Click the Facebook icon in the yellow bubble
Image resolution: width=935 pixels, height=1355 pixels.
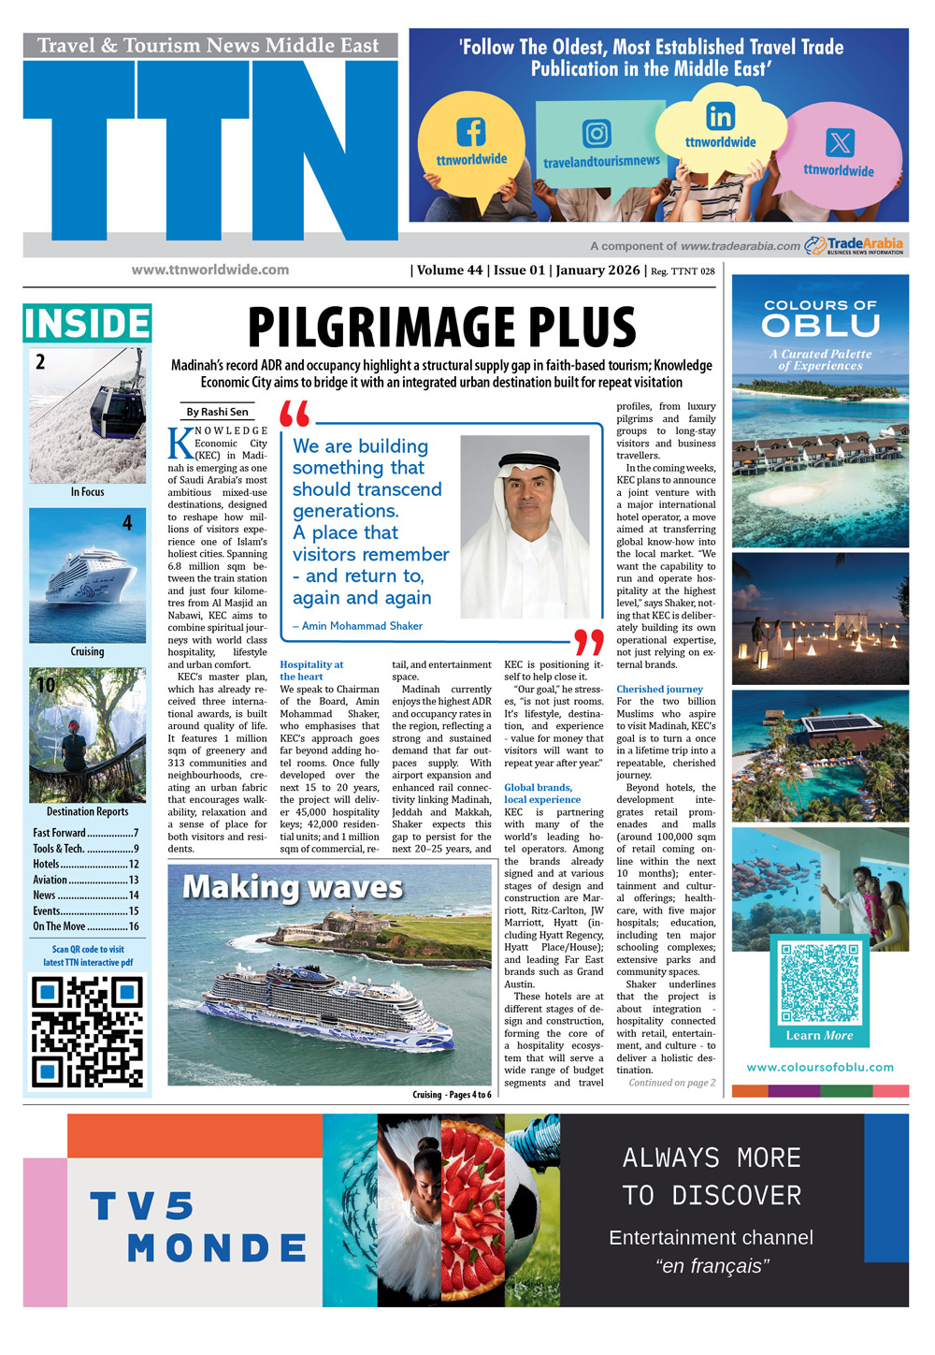[470, 132]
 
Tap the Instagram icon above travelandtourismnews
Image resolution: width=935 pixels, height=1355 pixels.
[597, 133]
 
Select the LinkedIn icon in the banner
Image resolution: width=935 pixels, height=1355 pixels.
[720, 117]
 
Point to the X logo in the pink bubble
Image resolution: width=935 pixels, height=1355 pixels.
[840, 143]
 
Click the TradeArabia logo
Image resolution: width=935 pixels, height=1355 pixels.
[855, 245]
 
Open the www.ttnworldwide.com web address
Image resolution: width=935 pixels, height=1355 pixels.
[210, 270]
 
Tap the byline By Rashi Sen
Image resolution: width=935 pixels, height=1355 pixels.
[217, 412]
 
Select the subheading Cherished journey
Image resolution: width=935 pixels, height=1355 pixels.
[659, 689]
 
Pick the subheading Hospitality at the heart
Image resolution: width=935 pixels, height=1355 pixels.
[311, 671]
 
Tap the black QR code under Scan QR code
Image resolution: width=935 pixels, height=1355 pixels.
[87, 1032]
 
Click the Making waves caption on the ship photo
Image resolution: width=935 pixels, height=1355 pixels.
[292, 887]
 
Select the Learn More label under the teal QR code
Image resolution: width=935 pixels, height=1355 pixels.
[819, 1035]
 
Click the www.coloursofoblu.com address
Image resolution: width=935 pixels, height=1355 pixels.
[820, 1067]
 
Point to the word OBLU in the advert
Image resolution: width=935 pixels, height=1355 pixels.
[820, 326]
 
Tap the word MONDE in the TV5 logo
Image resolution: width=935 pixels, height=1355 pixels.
[217, 1247]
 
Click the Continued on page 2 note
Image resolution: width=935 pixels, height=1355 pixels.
[671, 1083]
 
